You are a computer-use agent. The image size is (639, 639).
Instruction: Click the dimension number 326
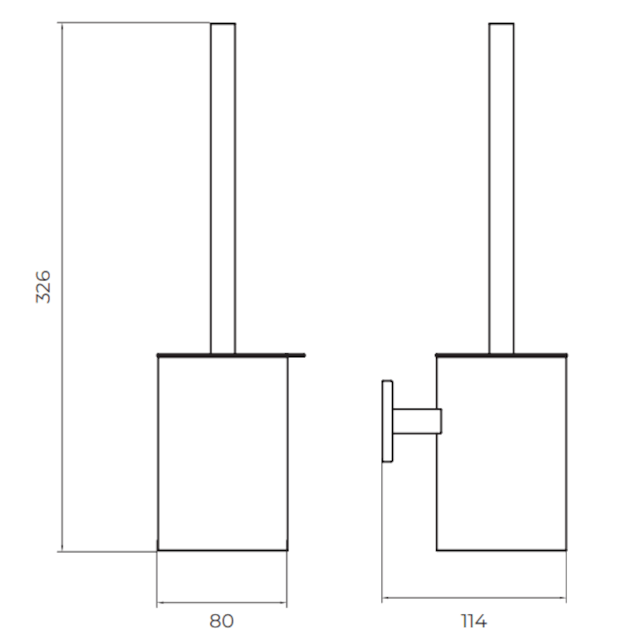[x=45, y=286]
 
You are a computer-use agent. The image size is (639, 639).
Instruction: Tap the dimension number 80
[x=221, y=621]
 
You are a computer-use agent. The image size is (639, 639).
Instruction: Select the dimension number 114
[x=474, y=621]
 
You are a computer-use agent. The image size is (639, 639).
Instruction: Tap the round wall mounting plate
[x=387, y=421]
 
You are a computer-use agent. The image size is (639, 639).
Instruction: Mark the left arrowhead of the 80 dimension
[x=160, y=601]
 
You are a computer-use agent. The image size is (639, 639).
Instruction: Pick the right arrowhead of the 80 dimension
[x=284, y=601]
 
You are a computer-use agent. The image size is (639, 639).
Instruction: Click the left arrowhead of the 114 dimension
[x=385, y=597]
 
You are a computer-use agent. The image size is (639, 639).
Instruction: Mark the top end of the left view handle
[x=223, y=25]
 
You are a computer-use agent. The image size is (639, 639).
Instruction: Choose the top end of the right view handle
[x=501, y=25]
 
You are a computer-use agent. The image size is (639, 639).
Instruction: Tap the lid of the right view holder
[x=501, y=353]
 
